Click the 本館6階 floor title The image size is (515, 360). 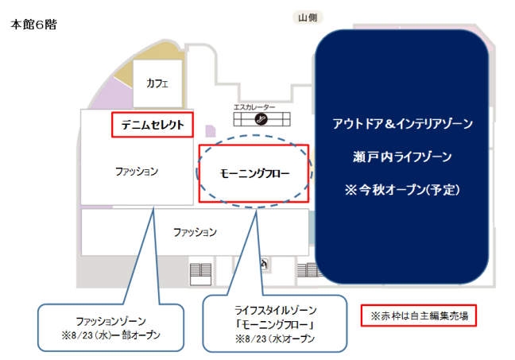click(33, 25)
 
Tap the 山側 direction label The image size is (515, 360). click(308, 17)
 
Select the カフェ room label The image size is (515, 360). click(157, 83)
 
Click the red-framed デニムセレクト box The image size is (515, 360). click(153, 125)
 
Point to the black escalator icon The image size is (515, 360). click(261, 119)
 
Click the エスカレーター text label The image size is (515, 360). click(254, 107)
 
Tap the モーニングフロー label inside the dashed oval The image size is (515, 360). click(254, 173)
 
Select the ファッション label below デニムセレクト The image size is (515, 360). click(137, 171)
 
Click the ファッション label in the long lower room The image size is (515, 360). click(195, 232)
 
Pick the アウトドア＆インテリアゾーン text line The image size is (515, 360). click(403, 124)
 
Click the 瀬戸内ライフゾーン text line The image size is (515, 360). click(402, 157)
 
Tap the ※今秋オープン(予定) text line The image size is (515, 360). click(402, 189)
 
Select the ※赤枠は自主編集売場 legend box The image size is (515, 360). click(419, 315)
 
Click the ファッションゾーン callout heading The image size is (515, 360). click(110, 321)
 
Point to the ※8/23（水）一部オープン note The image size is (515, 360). click(110, 335)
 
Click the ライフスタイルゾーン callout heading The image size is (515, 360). click(275, 310)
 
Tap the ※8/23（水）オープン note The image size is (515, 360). click(275, 339)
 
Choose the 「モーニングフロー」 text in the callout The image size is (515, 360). click(275, 324)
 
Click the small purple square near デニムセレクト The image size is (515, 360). click(211, 131)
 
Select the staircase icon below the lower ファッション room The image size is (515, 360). click(201, 274)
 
